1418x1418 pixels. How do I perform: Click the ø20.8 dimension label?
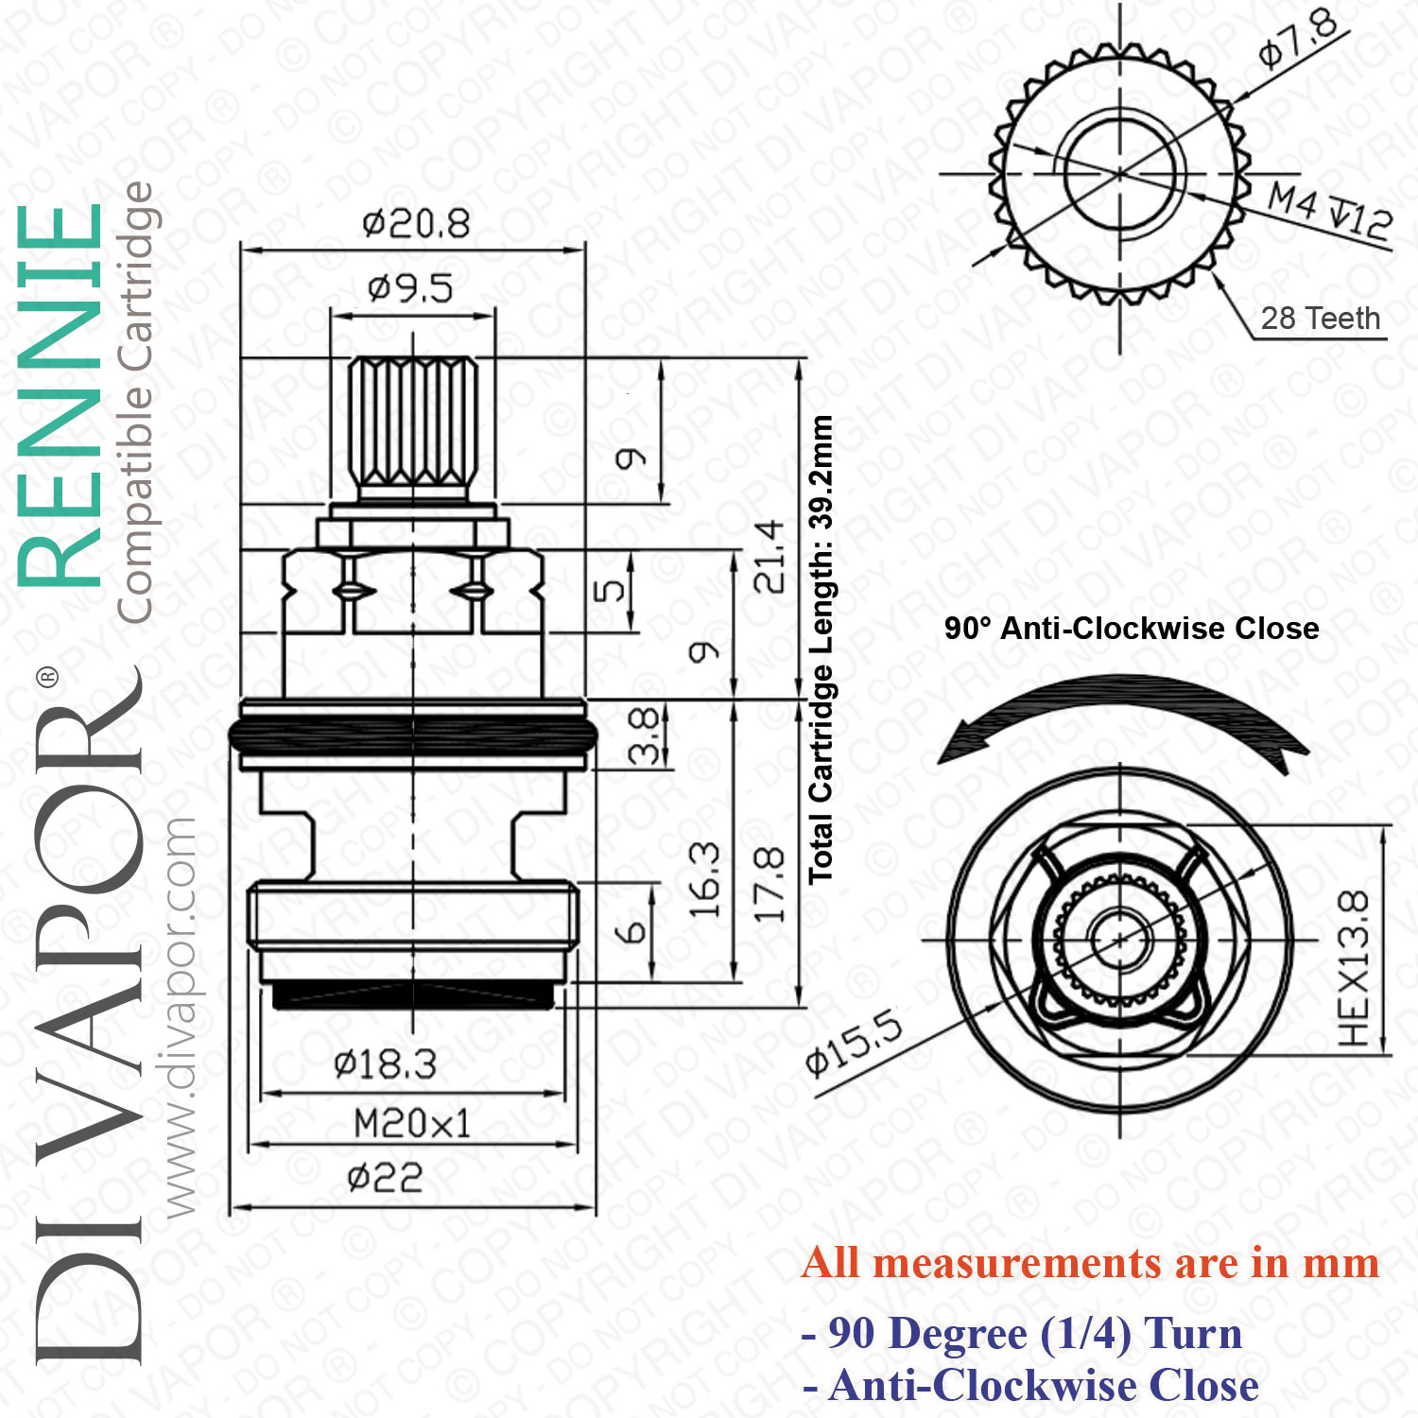416,224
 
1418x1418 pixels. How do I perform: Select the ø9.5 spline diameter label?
410,287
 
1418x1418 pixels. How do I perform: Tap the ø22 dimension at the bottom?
385,1178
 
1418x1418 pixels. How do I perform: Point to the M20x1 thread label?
412,1124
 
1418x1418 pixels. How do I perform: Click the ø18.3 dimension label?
385,1065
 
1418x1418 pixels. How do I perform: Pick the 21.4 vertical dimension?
770,557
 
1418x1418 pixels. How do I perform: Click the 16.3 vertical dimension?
705,880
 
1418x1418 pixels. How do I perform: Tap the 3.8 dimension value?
644,735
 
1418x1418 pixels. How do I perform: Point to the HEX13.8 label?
1354,968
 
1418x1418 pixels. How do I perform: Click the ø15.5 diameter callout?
854,1044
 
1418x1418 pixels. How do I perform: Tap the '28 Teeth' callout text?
1321,319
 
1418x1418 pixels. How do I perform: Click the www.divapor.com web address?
179,1017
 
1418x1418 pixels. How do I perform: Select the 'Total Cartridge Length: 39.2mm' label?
821,649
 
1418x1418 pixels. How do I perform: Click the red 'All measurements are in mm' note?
1090,1263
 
